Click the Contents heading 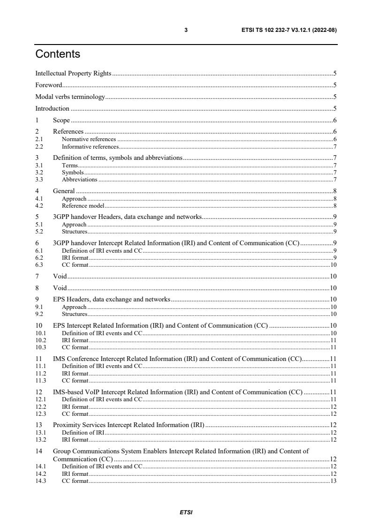(x=58, y=54)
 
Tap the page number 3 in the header (x=186, y=30)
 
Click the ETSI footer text (x=186, y=512)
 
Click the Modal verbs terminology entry (x=70, y=97)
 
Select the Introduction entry (x=53, y=108)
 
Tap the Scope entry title (x=61, y=120)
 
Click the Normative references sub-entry (x=89, y=139)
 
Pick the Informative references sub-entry (x=90, y=147)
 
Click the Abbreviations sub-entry (x=79, y=180)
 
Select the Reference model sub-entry (x=83, y=206)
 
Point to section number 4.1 (x=39, y=199)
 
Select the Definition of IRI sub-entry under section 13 (x=83, y=432)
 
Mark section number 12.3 (x=41, y=413)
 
